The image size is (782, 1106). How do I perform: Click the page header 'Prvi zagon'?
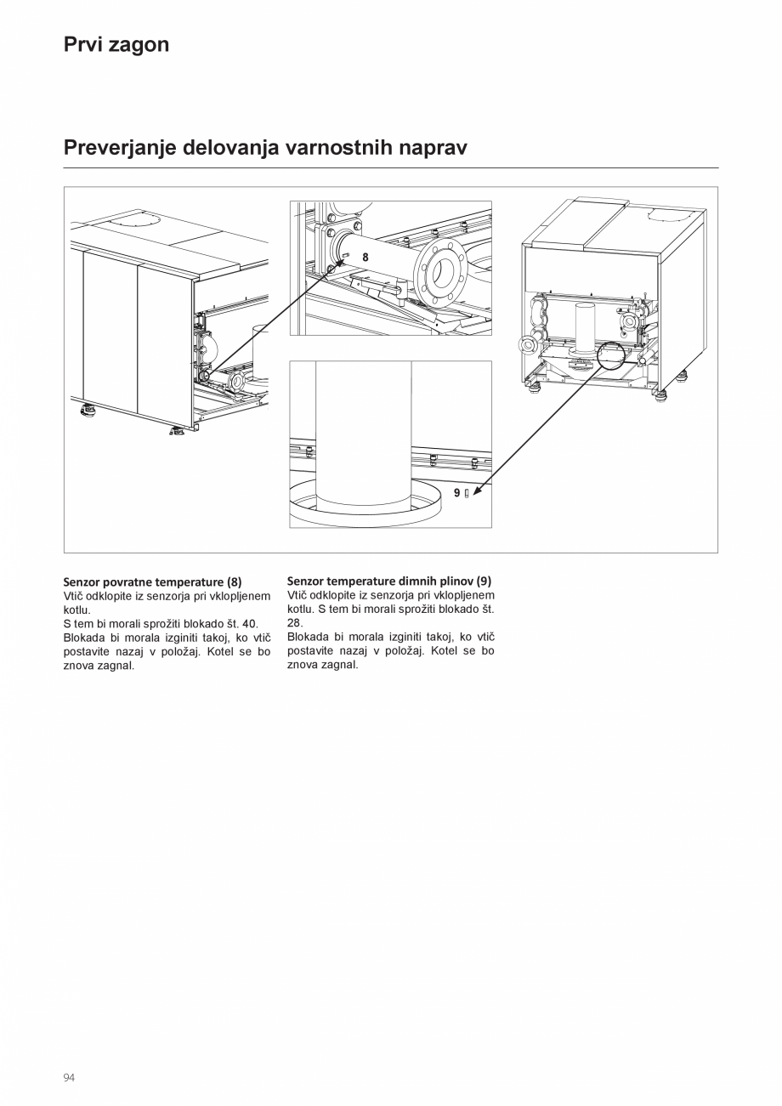click(x=116, y=45)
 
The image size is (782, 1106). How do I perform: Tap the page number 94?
click(x=69, y=1078)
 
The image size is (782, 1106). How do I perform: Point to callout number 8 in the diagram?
click(x=365, y=257)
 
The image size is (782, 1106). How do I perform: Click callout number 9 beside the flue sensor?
click(x=457, y=493)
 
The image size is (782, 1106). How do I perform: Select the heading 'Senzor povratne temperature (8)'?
click(x=152, y=582)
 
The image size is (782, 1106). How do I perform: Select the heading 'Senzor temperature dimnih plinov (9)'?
click(x=389, y=581)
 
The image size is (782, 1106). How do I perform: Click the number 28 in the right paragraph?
click(x=295, y=623)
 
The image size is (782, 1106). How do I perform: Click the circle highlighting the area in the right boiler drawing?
click(x=613, y=356)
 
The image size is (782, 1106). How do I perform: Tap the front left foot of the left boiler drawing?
click(x=88, y=411)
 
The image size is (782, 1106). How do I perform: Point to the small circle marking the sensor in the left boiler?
click(x=204, y=374)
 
